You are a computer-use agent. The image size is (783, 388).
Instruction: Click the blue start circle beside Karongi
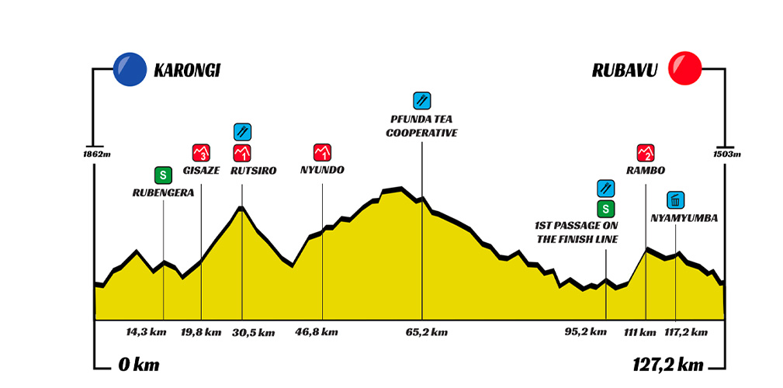(x=130, y=69)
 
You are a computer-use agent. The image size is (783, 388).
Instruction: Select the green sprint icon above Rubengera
(x=163, y=174)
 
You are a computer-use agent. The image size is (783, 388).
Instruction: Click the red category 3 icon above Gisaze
(x=201, y=151)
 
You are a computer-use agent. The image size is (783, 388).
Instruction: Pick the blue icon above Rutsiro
(x=242, y=130)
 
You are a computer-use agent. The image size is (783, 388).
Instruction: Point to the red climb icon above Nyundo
(x=322, y=151)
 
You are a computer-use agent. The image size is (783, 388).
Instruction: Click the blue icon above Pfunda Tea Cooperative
(x=422, y=99)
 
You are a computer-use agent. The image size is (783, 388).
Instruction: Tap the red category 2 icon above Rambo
(x=645, y=151)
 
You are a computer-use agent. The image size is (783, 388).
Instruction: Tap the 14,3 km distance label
(x=146, y=332)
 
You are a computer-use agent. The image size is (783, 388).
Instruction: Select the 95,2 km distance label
(x=587, y=332)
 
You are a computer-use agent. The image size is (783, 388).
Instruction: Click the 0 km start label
(x=137, y=365)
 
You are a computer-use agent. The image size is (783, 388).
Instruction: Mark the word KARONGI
(x=187, y=70)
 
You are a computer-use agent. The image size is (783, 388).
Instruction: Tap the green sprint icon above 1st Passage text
(x=606, y=208)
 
